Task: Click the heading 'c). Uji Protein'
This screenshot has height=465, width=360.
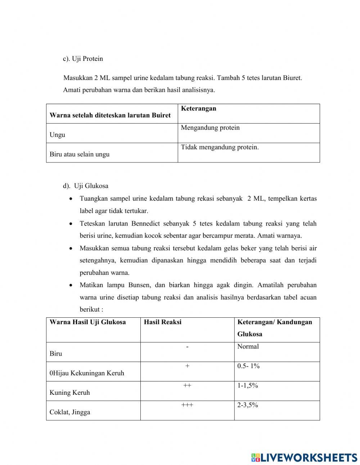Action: click(x=83, y=59)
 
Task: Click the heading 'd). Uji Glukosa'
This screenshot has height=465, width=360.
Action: click(x=86, y=186)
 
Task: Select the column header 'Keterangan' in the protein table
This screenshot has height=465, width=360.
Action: click(x=198, y=108)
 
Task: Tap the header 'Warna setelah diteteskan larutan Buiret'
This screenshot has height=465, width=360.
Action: click(x=110, y=115)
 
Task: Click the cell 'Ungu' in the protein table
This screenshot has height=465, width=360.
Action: click(x=57, y=135)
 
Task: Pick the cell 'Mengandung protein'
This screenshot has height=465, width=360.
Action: click(x=210, y=128)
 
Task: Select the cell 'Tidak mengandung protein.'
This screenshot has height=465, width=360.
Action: click(x=220, y=147)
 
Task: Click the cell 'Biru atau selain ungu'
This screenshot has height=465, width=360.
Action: click(x=80, y=154)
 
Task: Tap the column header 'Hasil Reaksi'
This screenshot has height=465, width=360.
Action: click(x=162, y=322)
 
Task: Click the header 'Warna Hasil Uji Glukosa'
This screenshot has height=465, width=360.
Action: click(x=87, y=322)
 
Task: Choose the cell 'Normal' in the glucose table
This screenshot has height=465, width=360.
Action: click(x=248, y=346)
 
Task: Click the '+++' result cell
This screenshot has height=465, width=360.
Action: click(x=187, y=405)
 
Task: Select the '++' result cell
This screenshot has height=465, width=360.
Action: click(x=187, y=385)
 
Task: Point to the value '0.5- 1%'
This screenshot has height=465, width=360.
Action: click(x=248, y=366)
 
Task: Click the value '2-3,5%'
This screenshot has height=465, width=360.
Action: click(x=248, y=405)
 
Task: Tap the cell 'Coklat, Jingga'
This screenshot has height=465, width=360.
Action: click(x=70, y=412)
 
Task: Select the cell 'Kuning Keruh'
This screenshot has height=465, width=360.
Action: click(x=70, y=393)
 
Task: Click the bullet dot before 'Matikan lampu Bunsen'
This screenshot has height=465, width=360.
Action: click(x=71, y=285)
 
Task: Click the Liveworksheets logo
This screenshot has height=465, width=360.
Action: click(x=304, y=457)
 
